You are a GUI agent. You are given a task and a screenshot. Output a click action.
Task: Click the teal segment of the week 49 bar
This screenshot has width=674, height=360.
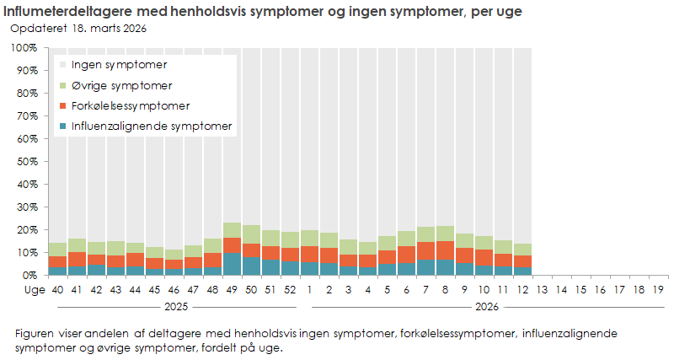233,264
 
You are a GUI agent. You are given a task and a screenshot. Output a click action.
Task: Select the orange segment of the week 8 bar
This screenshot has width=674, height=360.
445,250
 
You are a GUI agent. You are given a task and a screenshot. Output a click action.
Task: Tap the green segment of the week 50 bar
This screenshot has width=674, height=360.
252,234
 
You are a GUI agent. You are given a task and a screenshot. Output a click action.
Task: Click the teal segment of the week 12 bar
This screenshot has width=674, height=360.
522,271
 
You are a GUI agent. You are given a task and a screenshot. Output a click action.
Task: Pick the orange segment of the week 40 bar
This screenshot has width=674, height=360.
57,262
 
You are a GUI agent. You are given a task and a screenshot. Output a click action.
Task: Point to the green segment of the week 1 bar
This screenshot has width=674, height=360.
309,238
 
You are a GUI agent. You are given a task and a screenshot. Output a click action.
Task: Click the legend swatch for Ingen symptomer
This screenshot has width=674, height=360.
62,65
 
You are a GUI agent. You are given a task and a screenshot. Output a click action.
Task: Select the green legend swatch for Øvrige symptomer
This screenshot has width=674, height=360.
62,86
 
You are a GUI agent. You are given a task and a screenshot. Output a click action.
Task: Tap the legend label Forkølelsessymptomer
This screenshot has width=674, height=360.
131,106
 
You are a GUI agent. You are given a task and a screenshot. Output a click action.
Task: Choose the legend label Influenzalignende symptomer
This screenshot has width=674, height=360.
152,126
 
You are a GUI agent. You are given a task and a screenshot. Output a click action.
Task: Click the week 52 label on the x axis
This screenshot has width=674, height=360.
290,289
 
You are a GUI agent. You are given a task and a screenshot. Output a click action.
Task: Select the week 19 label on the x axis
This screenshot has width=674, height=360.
659,289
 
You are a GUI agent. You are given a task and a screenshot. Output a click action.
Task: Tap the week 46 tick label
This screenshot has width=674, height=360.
174,289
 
